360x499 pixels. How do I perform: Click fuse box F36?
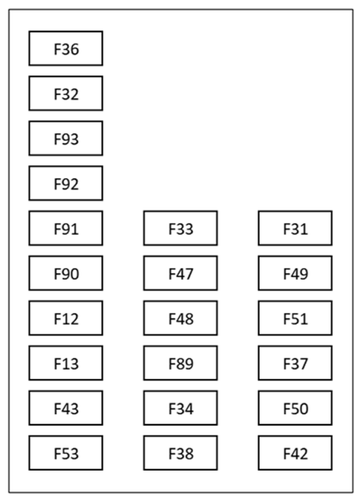tap(66, 49)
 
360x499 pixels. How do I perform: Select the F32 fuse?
tap(66, 94)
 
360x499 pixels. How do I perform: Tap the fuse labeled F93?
tap(66, 139)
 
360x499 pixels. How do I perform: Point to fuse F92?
tap(66, 184)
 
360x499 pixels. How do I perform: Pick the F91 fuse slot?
tap(66, 229)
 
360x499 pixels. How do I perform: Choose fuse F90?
tap(66, 274)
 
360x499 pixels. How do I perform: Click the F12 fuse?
tap(66, 319)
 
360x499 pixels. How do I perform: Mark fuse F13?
tap(66, 363)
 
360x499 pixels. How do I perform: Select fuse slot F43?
tap(66, 408)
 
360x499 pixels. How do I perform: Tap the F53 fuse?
tap(66, 453)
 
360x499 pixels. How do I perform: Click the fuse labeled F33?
tap(181, 229)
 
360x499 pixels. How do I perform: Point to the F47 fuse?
tap(181, 274)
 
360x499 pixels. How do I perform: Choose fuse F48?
tap(181, 319)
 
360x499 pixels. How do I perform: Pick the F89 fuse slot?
tap(181, 363)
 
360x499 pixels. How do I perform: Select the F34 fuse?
tap(181, 408)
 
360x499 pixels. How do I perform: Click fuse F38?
tap(181, 453)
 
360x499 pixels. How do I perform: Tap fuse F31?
tap(295, 229)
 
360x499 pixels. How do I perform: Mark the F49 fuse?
tap(295, 274)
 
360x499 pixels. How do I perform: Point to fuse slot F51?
tap(295, 319)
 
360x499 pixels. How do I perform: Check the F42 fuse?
tap(295, 453)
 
